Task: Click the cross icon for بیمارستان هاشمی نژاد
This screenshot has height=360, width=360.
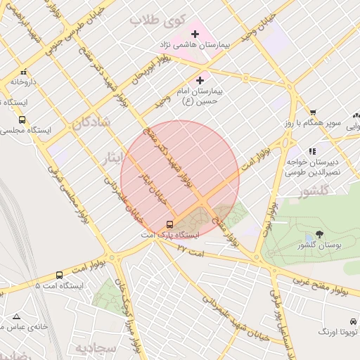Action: coord(195,34)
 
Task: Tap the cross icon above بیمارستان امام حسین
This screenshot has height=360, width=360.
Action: coord(200,81)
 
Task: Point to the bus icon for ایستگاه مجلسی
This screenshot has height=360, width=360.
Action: coord(22,120)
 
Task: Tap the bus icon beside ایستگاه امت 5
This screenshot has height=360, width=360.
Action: coord(59,275)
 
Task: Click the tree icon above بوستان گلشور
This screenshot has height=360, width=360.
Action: coord(319,234)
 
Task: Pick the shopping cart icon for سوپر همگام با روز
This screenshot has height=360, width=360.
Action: coord(313,112)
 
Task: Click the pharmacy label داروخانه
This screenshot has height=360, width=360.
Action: coord(22,82)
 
